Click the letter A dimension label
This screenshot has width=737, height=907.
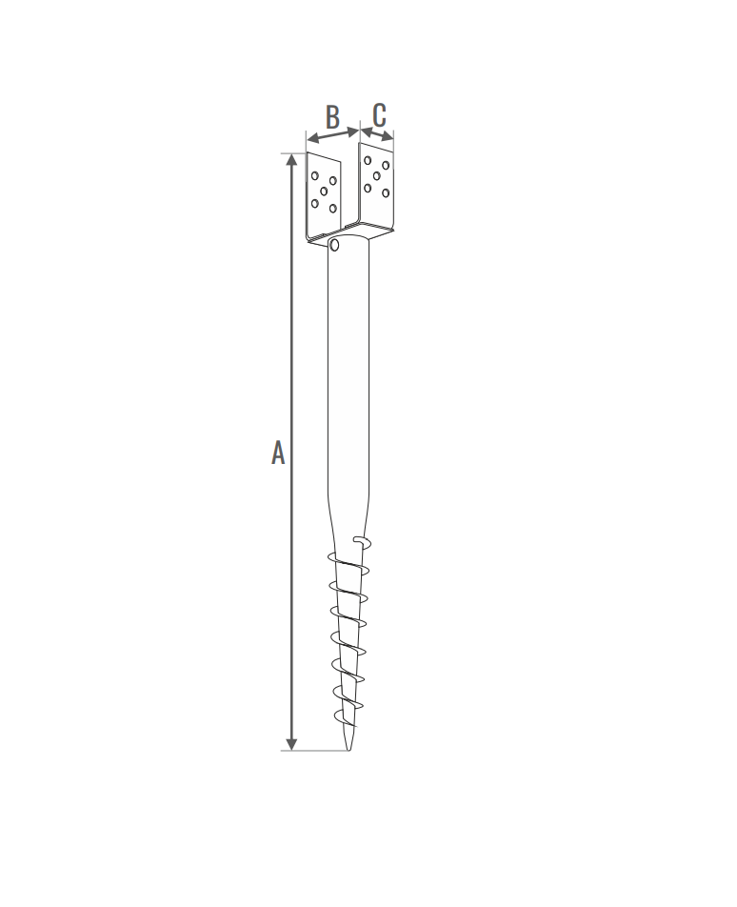pos(278,453)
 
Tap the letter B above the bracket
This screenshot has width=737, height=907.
pos(332,117)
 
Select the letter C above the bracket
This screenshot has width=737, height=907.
pos(379,115)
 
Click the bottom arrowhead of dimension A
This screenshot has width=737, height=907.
pos(292,744)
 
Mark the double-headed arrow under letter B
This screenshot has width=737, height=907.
pos(333,134)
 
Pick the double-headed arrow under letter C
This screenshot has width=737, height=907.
pos(377,134)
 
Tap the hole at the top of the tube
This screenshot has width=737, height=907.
pos(334,245)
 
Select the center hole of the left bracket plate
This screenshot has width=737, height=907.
pos(324,191)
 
